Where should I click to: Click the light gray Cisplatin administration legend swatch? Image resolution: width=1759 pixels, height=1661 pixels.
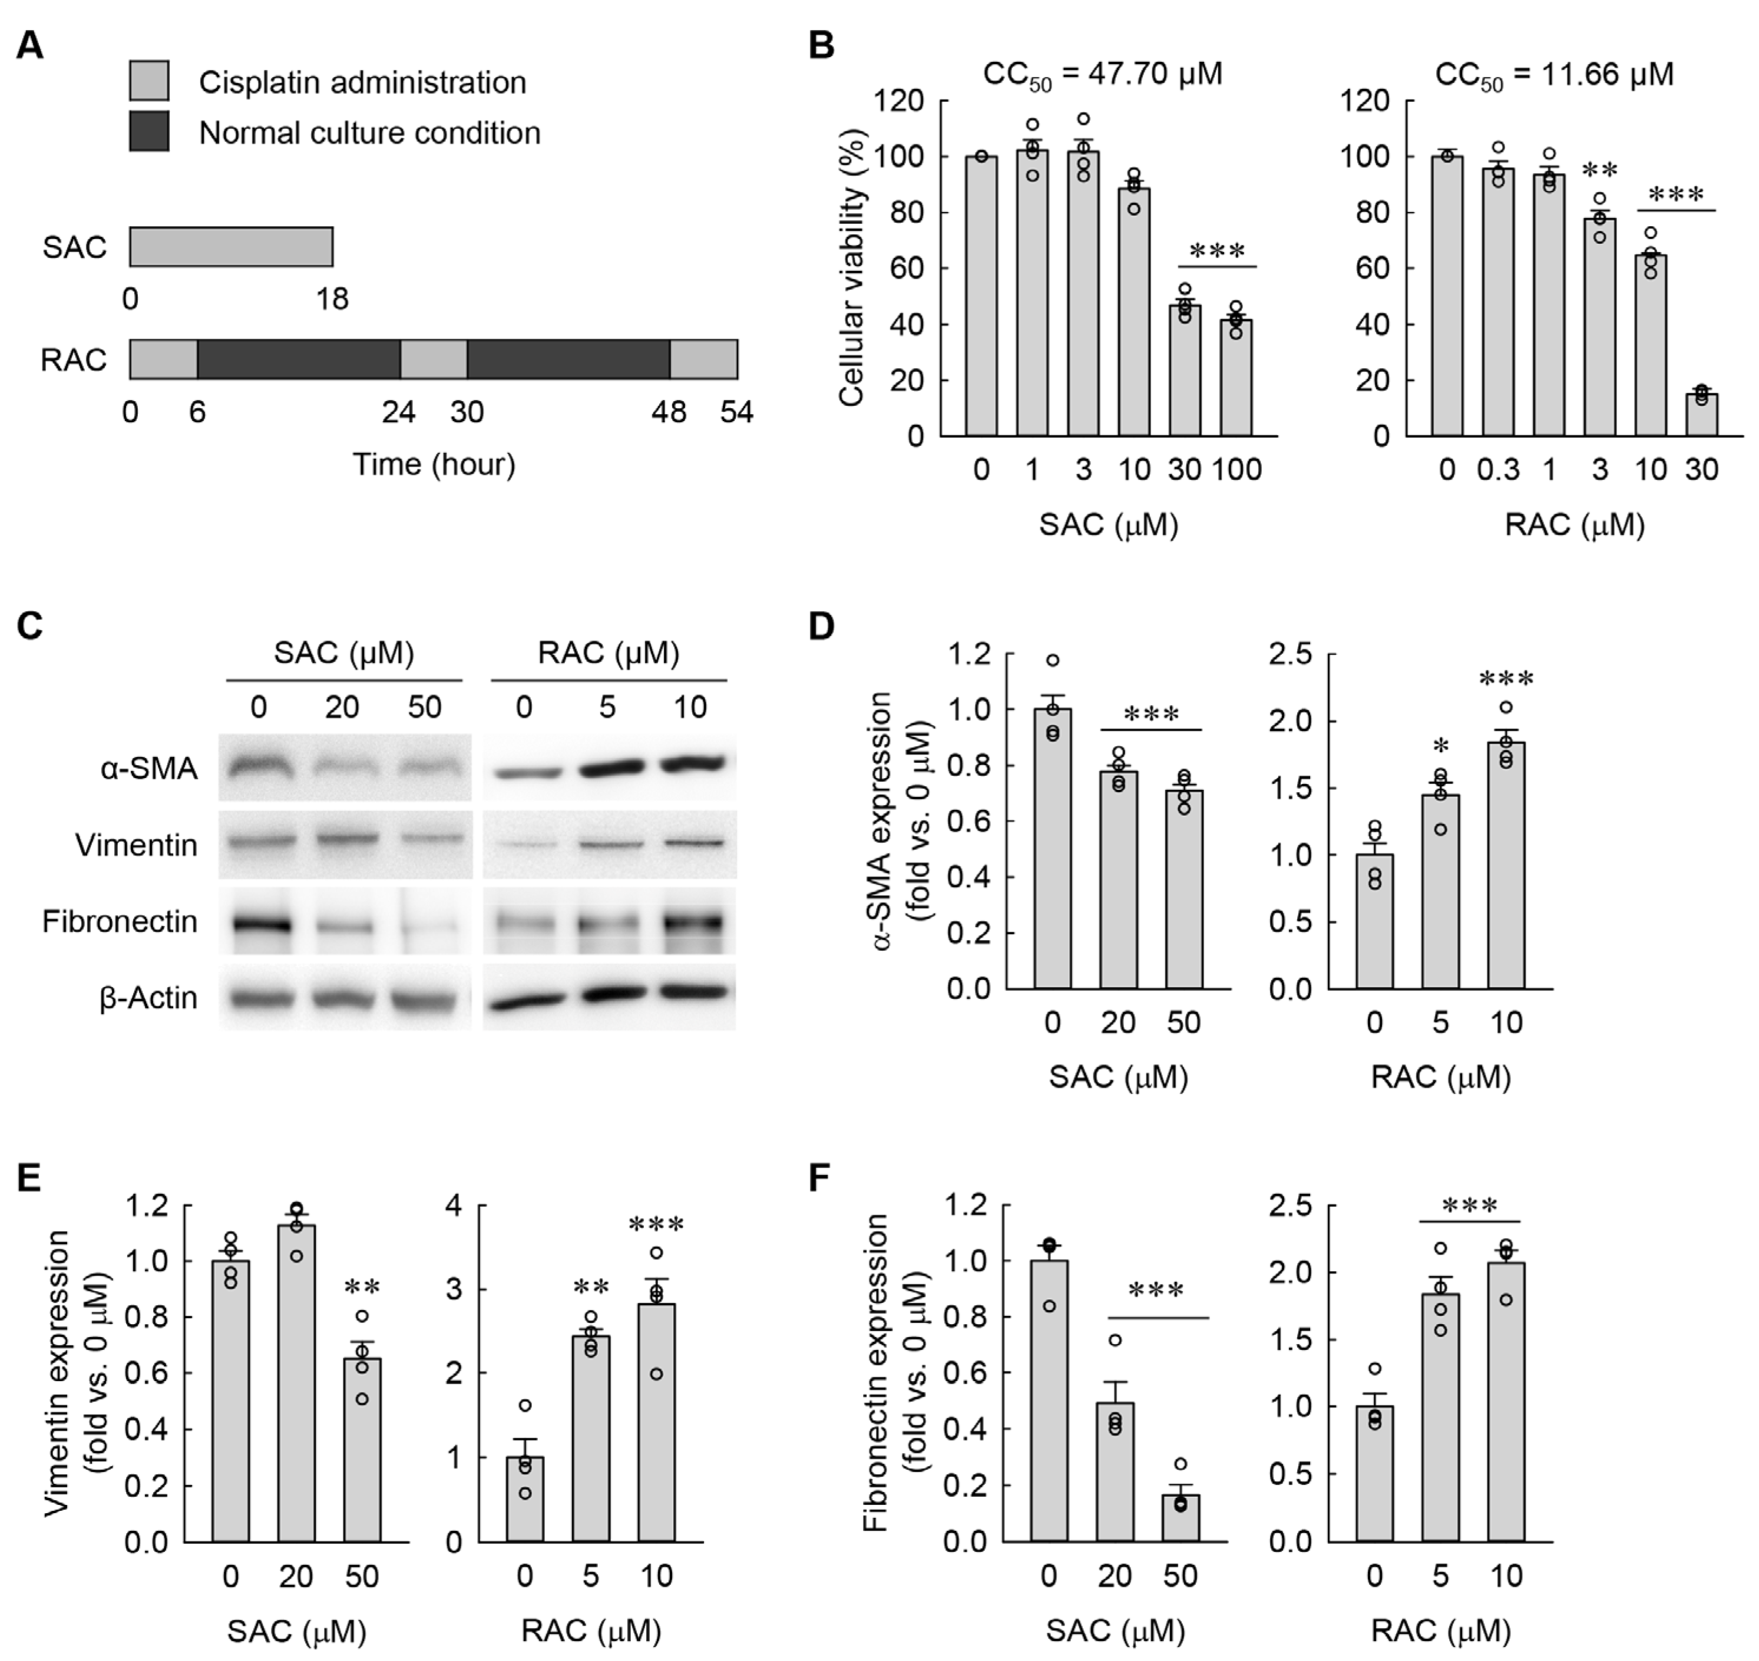(x=149, y=81)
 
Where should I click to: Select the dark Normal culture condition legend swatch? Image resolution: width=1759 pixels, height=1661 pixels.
(x=149, y=131)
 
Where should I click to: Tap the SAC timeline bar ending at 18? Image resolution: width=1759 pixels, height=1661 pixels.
(x=231, y=247)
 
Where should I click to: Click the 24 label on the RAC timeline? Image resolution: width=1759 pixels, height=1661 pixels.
(x=399, y=412)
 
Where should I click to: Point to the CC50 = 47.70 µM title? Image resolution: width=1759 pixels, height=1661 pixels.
(x=1103, y=74)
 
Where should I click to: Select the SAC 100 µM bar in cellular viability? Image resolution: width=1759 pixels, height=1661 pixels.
(x=1236, y=377)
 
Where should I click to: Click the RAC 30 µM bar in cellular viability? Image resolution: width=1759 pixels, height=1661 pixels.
(x=1701, y=414)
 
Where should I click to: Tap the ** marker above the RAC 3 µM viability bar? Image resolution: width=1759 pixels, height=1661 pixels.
(x=1599, y=171)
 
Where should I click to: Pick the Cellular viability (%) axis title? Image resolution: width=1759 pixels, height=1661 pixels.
(x=852, y=266)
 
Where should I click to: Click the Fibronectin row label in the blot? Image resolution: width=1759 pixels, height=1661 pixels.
(x=120, y=922)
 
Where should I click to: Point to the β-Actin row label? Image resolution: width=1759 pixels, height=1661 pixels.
(x=148, y=998)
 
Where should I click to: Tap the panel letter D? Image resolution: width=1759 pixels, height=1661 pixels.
(x=822, y=626)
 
